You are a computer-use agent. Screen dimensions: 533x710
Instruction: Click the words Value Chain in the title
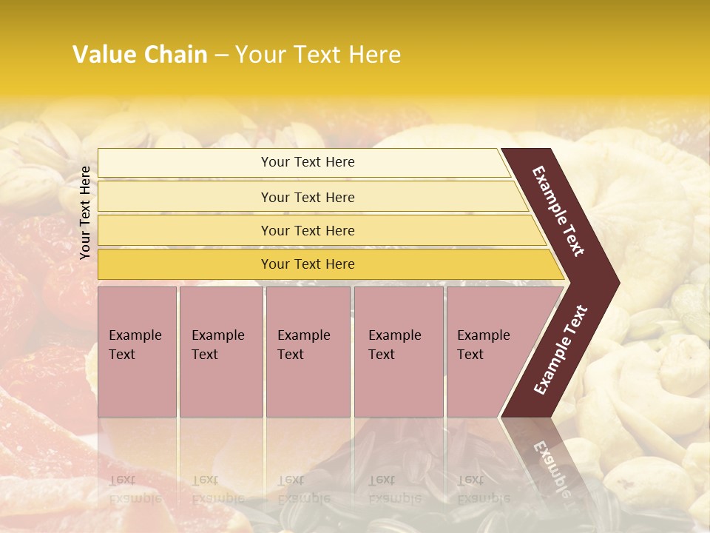140,54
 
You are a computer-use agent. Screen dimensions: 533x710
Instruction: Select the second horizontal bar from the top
308,197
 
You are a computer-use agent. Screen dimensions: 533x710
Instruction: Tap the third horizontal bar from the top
308,230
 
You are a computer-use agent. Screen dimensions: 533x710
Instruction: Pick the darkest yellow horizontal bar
308,264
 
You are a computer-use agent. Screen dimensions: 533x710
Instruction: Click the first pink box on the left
137,352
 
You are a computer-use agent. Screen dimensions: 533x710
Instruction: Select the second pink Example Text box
220,352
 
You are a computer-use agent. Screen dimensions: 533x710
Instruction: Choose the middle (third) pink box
308,352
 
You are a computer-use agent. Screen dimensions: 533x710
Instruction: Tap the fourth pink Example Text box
399,352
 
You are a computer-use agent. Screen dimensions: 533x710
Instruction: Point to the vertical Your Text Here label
85,212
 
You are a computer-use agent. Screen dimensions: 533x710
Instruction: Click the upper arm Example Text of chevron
558,211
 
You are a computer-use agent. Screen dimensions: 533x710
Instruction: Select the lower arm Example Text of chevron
561,350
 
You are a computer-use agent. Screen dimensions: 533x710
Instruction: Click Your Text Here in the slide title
318,54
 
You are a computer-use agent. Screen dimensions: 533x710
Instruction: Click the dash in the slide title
221,55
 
